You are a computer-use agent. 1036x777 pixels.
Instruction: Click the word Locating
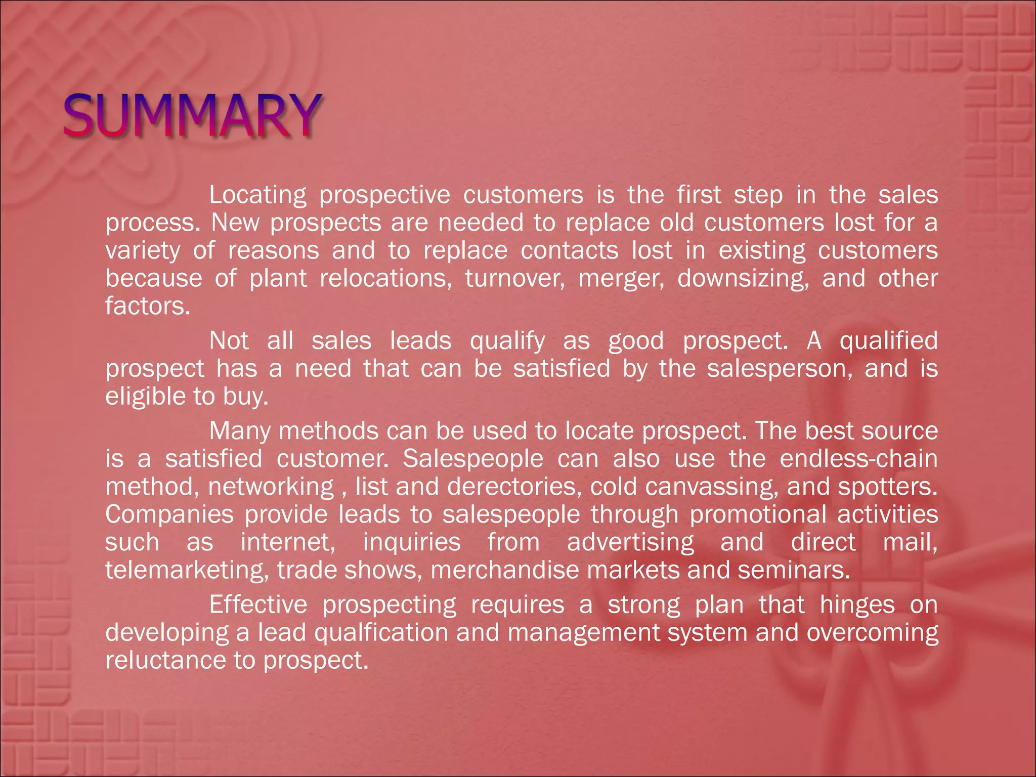257,195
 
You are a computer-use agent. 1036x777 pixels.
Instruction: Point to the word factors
148,306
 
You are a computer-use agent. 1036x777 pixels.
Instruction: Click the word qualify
507,341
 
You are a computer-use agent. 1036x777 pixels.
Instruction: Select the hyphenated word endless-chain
858,459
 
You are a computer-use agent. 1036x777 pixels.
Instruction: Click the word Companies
169,515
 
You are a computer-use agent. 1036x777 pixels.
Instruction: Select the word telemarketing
187,571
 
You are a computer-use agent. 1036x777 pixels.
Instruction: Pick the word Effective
258,605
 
